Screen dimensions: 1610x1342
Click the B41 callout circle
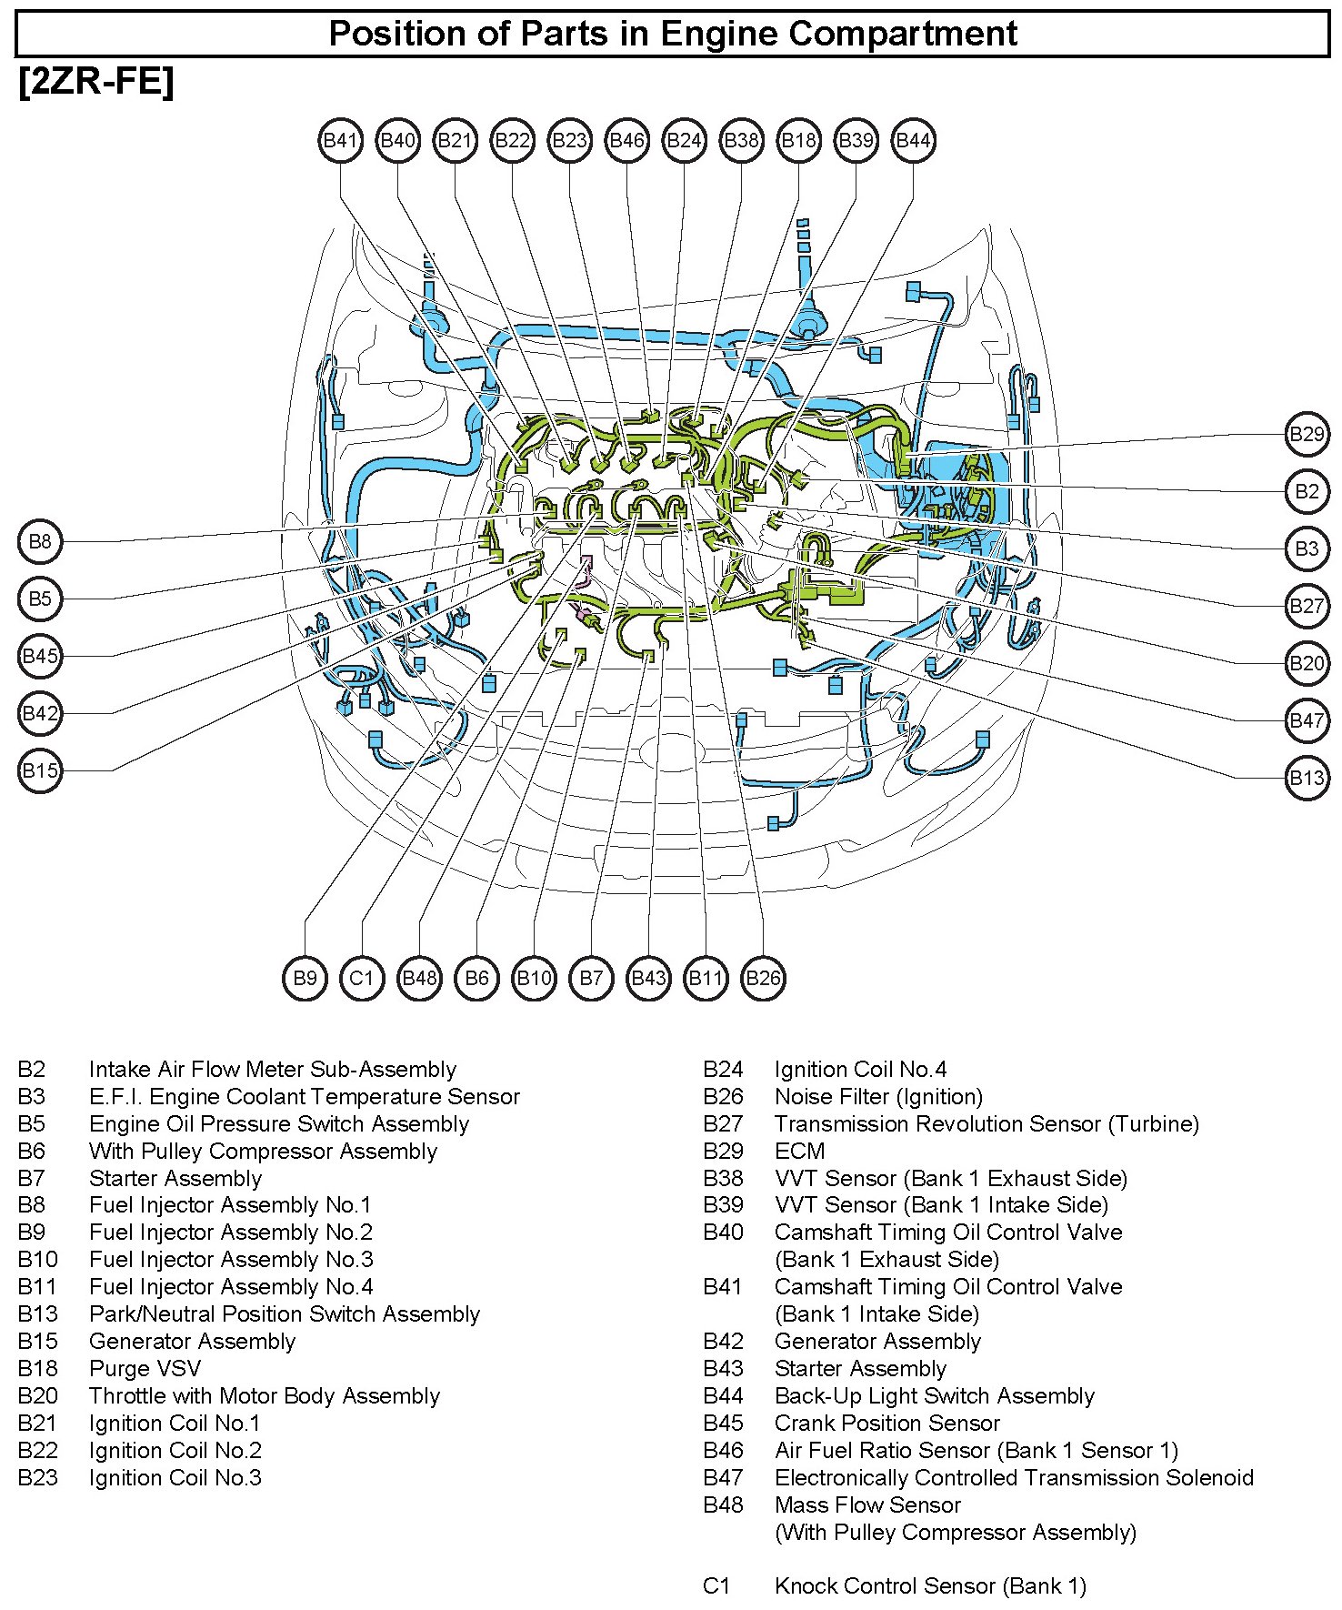click(340, 141)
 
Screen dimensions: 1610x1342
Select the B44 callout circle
click(913, 141)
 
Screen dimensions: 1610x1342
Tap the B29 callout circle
click(1307, 434)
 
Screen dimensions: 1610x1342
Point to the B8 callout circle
click(40, 542)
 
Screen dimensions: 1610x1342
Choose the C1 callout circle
click(362, 978)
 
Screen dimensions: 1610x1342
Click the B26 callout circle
click(763, 978)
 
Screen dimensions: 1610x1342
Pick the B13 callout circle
click(1307, 778)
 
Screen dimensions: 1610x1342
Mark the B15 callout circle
click(40, 771)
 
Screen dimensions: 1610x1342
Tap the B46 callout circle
click(626, 141)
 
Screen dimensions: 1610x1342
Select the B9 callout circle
click(305, 978)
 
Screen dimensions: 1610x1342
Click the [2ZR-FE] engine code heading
click(95, 83)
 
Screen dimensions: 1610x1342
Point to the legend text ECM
click(799, 1151)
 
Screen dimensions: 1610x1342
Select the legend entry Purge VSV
click(145, 1368)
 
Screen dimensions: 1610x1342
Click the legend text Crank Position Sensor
click(886, 1423)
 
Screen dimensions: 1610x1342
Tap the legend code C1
click(716, 1586)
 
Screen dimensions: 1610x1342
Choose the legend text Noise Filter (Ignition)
click(878, 1097)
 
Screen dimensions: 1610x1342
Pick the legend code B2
click(31, 1070)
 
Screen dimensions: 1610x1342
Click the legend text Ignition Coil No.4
click(860, 1070)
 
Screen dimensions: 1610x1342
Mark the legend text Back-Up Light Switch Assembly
click(934, 1395)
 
